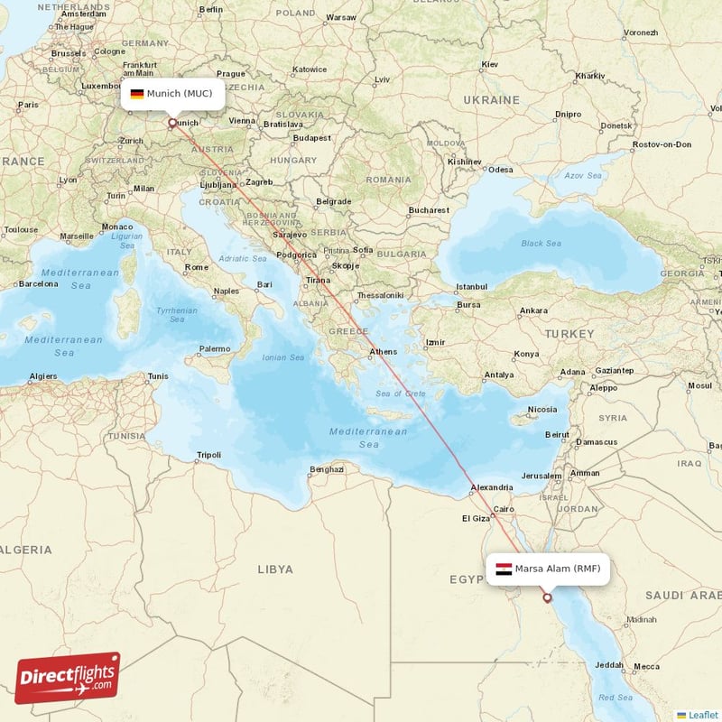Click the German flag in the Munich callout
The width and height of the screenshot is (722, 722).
point(136,94)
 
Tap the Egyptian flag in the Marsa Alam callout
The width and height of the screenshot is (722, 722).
point(504,569)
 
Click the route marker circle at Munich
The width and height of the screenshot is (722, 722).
point(171,122)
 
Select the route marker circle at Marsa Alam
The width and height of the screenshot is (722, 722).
point(547,597)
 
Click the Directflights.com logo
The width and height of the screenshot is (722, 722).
point(68,678)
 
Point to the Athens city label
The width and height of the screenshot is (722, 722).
point(383,352)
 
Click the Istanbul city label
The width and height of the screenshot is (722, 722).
point(471,287)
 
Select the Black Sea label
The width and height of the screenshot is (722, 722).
point(541,244)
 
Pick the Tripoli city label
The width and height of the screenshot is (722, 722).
point(208,455)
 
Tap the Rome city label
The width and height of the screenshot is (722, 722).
point(196,267)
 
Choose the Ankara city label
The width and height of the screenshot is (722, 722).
point(532,310)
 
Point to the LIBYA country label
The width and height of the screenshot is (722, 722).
point(274,569)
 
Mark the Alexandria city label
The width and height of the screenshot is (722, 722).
point(491,489)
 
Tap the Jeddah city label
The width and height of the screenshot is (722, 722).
point(609,666)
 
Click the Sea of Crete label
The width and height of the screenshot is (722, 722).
point(400,393)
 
